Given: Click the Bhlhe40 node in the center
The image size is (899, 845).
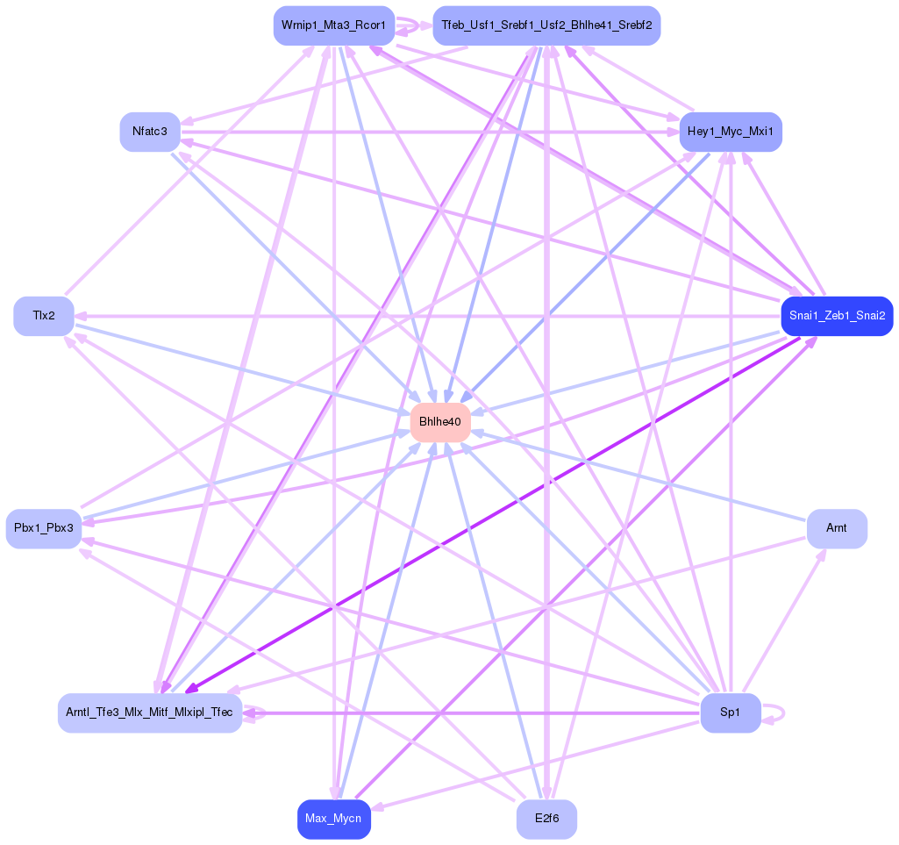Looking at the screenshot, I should click(x=440, y=422).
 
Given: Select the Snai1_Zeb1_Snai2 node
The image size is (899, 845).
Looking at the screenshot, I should click(x=837, y=316).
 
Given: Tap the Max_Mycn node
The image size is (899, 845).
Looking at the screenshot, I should click(x=333, y=820).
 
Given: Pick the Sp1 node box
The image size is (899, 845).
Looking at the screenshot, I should click(x=730, y=713).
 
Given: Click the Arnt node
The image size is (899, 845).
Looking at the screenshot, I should click(x=837, y=528).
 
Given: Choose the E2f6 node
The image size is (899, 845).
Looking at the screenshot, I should click(x=546, y=820).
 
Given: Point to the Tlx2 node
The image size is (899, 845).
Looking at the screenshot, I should click(x=44, y=316).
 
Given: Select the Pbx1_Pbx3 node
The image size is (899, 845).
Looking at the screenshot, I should click(x=44, y=528).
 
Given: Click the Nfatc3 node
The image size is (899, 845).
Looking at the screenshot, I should click(x=150, y=132).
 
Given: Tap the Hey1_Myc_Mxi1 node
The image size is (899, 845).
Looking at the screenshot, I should click(x=730, y=132).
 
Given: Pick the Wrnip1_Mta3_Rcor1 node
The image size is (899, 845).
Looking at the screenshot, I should click(x=333, y=25).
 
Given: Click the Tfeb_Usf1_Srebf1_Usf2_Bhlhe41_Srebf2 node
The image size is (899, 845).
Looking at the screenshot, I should click(x=546, y=25).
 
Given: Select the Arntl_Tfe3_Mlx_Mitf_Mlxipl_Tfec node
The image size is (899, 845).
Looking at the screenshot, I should click(x=150, y=713).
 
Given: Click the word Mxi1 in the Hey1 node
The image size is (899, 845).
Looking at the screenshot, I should click(x=760, y=132).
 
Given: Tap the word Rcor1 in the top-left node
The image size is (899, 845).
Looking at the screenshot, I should click(x=368, y=25).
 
